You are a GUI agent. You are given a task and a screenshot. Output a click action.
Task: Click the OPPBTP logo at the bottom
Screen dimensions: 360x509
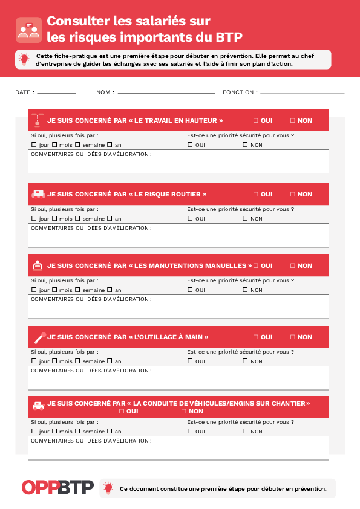click(x=57, y=487)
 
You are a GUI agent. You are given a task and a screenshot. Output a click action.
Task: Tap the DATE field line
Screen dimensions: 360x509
click(x=56, y=94)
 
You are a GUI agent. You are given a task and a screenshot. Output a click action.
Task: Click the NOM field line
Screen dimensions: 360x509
click(x=166, y=94)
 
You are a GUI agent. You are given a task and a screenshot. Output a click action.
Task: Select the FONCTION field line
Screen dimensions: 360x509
click(x=302, y=94)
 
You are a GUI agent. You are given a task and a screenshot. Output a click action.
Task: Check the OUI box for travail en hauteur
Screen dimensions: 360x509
click(x=256, y=120)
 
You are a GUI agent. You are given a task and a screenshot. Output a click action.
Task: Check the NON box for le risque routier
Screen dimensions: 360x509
click(x=293, y=194)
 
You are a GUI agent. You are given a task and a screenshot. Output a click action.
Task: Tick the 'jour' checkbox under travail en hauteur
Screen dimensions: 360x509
click(x=34, y=144)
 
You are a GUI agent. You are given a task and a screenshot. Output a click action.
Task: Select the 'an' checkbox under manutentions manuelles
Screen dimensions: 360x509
click(x=110, y=290)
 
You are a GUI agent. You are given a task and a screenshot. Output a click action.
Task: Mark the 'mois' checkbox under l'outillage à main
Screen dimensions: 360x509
click(x=54, y=361)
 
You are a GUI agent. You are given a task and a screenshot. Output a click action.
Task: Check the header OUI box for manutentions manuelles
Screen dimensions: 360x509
click(x=256, y=265)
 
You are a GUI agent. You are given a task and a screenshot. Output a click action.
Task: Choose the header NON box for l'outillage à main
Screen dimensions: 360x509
click(x=293, y=337)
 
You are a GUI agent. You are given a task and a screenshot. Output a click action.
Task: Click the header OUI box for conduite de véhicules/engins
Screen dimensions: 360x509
click(x=122, y=411)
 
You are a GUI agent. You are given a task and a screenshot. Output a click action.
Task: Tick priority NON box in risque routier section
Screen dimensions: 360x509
click(x=245, y=218)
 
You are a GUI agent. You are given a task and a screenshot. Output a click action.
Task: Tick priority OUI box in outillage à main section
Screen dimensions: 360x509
click(x=190, y=361)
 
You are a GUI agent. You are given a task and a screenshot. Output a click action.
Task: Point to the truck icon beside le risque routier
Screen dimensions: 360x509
click(x=38, y=194)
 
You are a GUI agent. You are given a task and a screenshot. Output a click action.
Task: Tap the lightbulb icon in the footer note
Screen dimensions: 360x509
click(x=108, y=488)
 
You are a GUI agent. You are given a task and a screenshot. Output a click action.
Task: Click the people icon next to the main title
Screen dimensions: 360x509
click(x=28, y=30)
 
